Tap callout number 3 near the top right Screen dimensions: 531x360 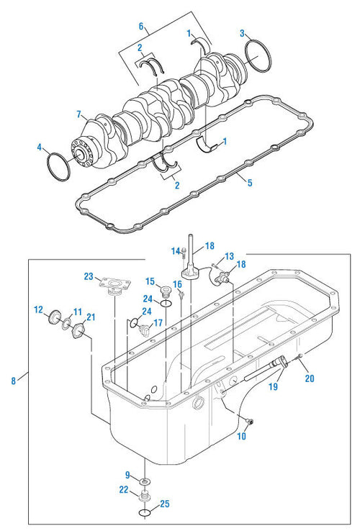tap(243, 32)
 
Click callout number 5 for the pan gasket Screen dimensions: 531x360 tap(249, 183)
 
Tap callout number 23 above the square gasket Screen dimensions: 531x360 tap(89, 276)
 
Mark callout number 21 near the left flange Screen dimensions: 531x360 tap(90, 317)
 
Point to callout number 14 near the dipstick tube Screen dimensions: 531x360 tap(174, 250)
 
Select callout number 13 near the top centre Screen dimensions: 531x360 tap(228, 255)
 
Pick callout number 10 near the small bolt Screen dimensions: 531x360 tap(241, 436)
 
